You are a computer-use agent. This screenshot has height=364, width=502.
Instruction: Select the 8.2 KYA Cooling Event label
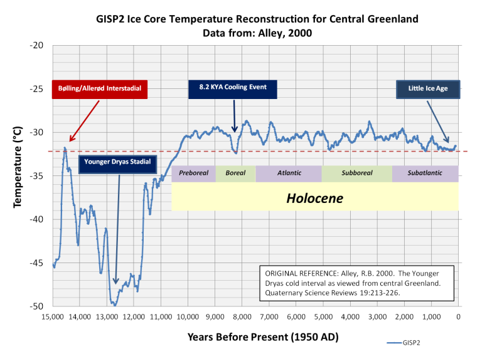click(x=233, y=88)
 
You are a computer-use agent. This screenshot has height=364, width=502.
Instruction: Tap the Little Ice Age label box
click(x=428, y=89)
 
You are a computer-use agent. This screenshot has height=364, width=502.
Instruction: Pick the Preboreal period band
click(x=193, y=174)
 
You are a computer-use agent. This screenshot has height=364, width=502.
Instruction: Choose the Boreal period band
click(x=235, y=174)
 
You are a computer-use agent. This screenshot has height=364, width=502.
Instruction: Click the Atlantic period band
click(x=289, y=174)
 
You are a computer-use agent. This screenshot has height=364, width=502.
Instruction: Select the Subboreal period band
click(x=356, y=174)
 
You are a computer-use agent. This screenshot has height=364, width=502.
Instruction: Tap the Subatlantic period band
click(x=425, y=174)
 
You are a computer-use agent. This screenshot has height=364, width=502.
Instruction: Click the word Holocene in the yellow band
click(x=314, y=198)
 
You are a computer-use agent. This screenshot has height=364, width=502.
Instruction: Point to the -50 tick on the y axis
click(x=37, y=306)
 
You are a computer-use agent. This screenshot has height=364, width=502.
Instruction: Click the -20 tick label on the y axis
click(x=37, y=46)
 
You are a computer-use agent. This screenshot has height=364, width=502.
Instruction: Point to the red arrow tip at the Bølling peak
click(x=70, y=142)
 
